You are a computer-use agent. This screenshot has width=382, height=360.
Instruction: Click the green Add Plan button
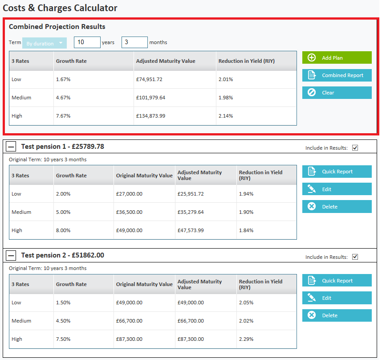tap(337, 57)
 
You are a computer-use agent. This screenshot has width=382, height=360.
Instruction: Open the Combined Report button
tap(337, 75)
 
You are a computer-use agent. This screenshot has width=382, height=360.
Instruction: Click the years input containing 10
tap(87, 42)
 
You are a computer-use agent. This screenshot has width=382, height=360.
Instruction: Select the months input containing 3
tap(134, 42)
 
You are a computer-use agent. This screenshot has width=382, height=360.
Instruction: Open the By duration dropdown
tap(45, 43)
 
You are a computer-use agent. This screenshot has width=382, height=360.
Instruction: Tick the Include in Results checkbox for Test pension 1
tap(355, 148)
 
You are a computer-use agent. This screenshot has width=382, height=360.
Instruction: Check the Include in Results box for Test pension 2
tap(355, 257)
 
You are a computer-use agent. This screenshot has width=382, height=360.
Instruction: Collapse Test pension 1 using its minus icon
tap(12, 147)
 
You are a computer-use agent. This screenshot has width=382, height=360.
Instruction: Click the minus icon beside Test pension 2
tap(12, 255)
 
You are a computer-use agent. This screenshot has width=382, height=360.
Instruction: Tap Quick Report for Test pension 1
tap(337, 172)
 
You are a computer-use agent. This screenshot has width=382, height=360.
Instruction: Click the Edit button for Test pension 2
tap(337, 298)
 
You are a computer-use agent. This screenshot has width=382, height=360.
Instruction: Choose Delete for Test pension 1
tap(337, 207)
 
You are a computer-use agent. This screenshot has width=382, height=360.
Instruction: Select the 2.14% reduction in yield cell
tap(226, 116)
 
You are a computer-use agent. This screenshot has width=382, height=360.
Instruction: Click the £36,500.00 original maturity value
tap(129, 212)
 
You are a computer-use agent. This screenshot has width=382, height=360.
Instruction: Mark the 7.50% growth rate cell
tap(63, 339)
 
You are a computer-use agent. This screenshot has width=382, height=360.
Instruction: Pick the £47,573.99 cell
tap(191, 230)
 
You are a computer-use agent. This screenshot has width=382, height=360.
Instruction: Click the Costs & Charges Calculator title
tap(60, 8)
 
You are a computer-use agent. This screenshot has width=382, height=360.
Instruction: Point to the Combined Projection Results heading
tap(57, 27)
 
